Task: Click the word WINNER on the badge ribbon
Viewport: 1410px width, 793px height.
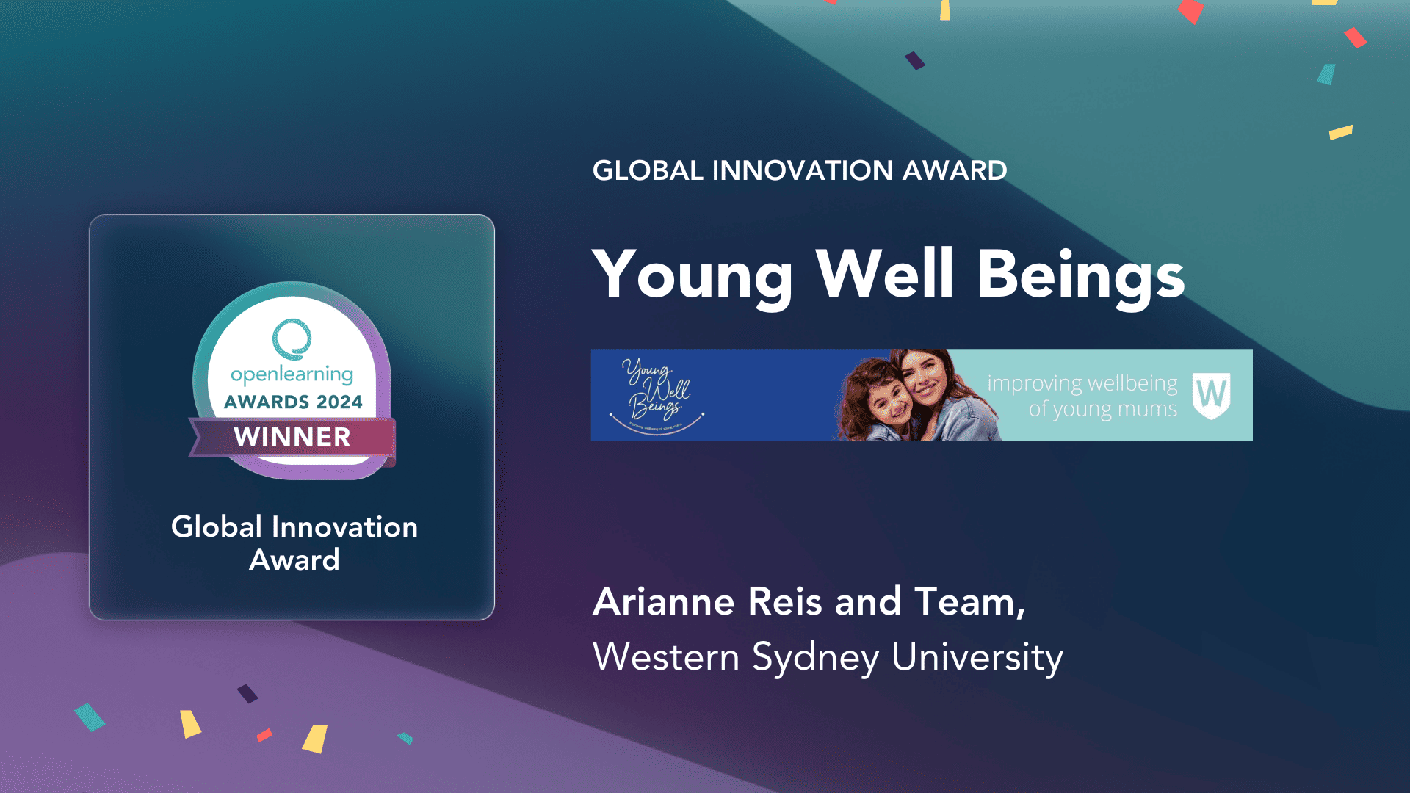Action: [x=292, y=438]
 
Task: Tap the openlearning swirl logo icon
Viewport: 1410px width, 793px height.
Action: [x=292, y=338]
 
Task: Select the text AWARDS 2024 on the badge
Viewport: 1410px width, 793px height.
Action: [x=293, y=402]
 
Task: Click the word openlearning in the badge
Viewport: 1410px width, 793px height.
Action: [x=292, y=374]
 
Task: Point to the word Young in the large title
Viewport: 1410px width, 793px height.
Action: [x=693, y=276]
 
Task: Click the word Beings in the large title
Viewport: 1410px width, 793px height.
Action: [x=1080, y=276]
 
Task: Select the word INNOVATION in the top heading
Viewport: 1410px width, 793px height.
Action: [x=802, y=170]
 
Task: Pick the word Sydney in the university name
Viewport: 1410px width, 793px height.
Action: [x=815, y=657]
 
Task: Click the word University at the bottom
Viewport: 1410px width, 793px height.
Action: [x=977, y=657]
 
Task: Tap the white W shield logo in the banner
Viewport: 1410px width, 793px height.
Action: [x=1211, y=395]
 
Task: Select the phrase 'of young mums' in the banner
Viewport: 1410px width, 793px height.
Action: [x=1102, y=409]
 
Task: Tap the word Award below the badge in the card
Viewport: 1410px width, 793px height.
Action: [x=294, y=560]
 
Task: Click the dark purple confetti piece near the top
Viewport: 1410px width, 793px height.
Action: [x=914, y=60]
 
